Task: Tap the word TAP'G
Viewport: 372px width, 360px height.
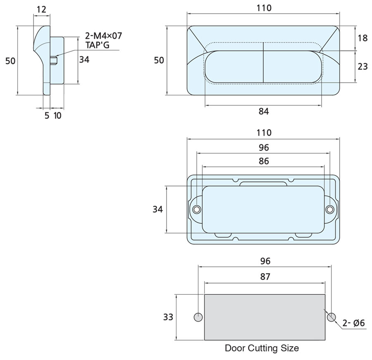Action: [98, 45]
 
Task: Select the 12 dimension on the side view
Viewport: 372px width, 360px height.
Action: [41, 8]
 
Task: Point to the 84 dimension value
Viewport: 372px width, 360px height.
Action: [263, 111]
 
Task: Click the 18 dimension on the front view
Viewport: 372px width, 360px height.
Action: [362, 38]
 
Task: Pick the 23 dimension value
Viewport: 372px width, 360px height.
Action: [362, 66]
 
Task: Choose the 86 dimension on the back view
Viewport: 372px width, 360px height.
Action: [263, 161]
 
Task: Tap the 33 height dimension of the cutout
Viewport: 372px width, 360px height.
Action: [168, 317]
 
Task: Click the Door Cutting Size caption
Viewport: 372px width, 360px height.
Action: [262, 348]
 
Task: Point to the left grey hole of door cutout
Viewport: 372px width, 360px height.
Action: [198, 317]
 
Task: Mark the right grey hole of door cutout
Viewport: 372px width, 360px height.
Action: [331, 317]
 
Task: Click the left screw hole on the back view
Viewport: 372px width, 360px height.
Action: [197, 209]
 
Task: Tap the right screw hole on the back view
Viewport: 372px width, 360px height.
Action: [329, 209]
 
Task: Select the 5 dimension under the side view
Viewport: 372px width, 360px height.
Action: [47, 116]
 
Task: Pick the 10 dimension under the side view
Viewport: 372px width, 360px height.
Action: [57, 116]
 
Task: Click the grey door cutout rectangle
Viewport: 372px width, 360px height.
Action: [265, 317]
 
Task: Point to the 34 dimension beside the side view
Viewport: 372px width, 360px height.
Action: [84, 59]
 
